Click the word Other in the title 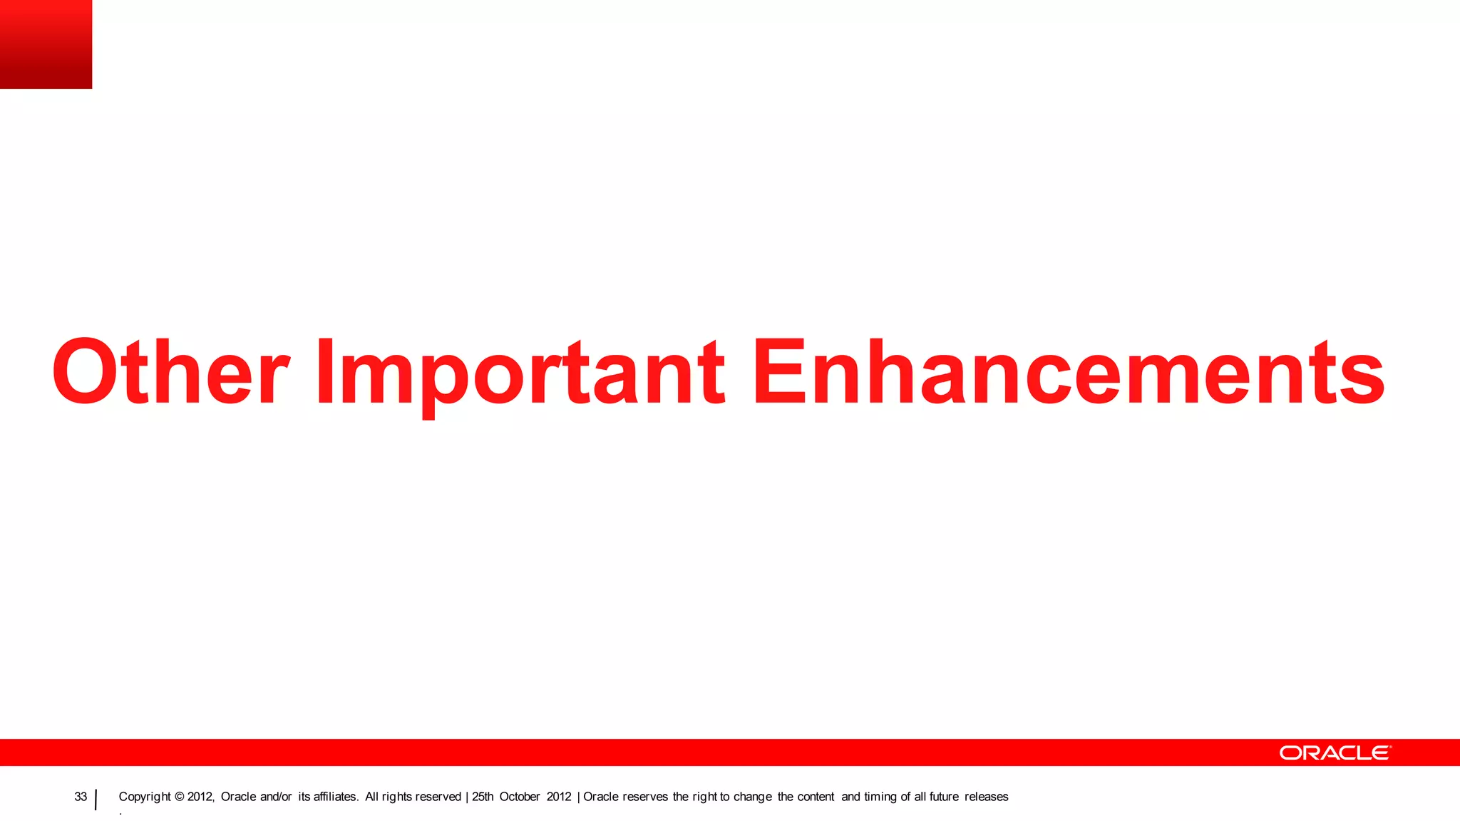click(x=170, y=372)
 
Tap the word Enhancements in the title click(x=1068, y=372)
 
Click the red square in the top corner click(x=46, y=44)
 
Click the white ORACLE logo click(x=1335, y=753)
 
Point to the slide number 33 click(x=81, y=797)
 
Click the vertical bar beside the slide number click(x=96, y=800)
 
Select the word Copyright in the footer click(x=145, y=797)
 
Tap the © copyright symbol click(x=179, y=797)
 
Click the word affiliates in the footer click(x=335, y=797)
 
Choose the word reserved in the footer click(x=437, y=797)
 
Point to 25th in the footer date click(x=482, y=797)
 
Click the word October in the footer click(x=519, y=797)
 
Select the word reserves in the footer click(x=645, y=797)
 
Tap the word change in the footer click(x=753, y=797)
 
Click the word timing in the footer click(x=880, y=797)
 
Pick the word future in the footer click(x=944, y=797)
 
